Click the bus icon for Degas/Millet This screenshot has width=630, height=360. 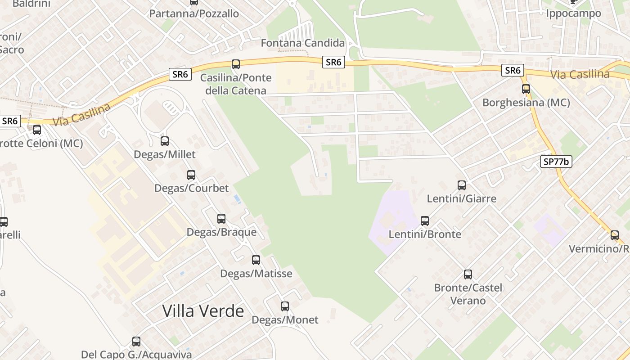[165, 141]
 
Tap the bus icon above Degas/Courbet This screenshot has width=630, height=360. [191, 175]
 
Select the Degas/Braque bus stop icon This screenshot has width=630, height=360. [221, 219]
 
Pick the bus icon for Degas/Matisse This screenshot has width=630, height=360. [256, 260]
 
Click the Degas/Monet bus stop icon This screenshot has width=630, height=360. [285, 306]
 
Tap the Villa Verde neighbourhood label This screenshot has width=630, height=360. [203, 311]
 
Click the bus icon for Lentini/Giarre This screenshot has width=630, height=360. [462, 185]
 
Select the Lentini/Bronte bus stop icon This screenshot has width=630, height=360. [425, 220]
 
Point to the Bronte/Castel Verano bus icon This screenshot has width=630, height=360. [468, 274]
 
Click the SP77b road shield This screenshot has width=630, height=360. [556, 162]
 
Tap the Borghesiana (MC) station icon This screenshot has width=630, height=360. [526, 89]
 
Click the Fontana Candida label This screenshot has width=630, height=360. [303, 43]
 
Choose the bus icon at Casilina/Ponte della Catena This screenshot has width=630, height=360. [236, 64]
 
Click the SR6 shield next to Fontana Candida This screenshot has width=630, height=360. [333, 62]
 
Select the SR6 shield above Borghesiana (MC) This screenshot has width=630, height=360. [513, 70]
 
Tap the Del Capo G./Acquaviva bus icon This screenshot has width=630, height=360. [136, 342]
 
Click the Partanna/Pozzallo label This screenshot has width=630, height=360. [194, 13]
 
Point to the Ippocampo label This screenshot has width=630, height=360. [573, 13]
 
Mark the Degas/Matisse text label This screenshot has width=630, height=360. [256, 274]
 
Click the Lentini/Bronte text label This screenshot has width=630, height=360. [425, 234]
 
